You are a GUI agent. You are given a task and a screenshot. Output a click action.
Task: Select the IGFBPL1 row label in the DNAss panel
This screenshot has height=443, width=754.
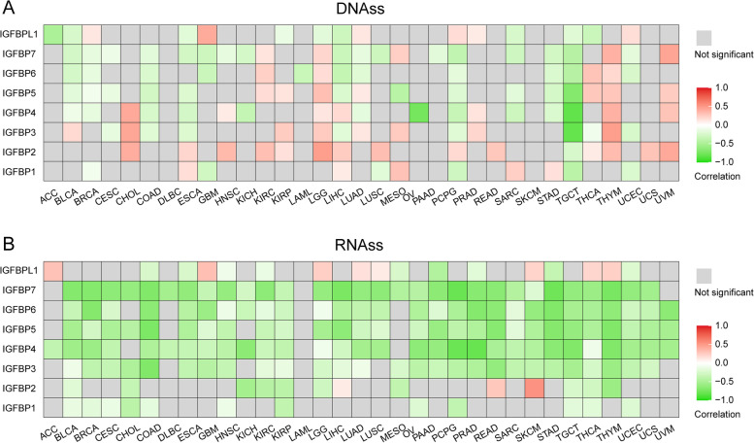17,34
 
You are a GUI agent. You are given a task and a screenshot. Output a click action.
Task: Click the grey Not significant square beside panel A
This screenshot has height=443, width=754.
705,36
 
